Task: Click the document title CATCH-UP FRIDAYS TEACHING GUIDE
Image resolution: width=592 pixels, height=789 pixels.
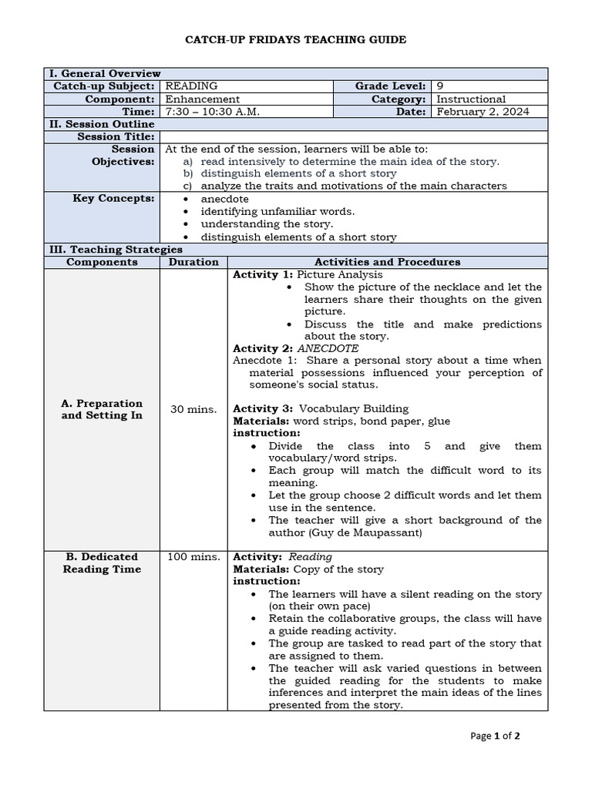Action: tap(296, 39)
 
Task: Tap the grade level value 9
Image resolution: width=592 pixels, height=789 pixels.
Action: tap(439, 86)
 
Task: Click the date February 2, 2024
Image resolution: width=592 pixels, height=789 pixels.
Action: tap(483, 111)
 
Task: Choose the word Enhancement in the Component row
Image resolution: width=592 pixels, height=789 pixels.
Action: tap(203, 99)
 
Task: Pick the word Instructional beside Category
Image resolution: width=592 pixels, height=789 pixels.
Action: tap(471, 99)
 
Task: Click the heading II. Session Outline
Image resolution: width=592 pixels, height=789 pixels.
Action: tap(102, 123)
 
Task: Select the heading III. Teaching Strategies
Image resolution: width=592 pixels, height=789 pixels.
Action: tap(116, 249)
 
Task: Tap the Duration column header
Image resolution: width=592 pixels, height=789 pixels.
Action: tap(193, 261)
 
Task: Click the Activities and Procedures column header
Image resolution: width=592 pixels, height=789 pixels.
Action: tap(376, 261)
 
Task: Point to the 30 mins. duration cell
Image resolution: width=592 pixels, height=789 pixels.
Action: tap(193, 409)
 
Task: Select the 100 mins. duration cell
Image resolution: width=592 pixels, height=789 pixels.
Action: tap(193, 556)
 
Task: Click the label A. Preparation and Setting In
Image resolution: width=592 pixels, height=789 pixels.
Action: tap(102, 409)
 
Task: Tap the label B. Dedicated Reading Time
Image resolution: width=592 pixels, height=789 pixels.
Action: tap(102, 562)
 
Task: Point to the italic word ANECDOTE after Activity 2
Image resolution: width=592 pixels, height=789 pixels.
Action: tap(328, 348)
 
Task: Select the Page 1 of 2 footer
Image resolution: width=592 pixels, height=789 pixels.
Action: tap(495, 736)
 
